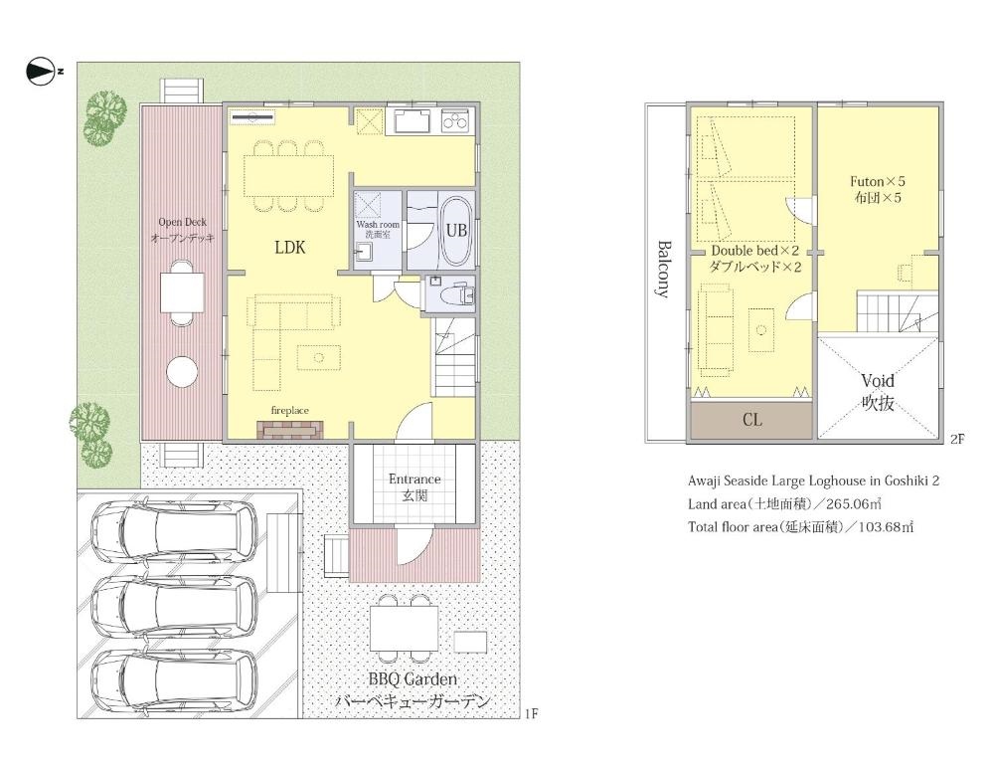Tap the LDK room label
click(x=289, y=248)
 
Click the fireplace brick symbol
click(x=289, y=431)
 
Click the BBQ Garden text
click(x=413, y=679)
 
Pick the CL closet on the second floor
click(x=751, y=420)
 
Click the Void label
click(x=878, y=381)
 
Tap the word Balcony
click(x=663, y=269)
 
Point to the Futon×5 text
click(x=878, y=181)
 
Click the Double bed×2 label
click(x=754, y=251)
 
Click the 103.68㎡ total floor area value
click(x=886, y=527)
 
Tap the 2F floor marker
click(x=957, y=439)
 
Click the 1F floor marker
click(x=531, y=714)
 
